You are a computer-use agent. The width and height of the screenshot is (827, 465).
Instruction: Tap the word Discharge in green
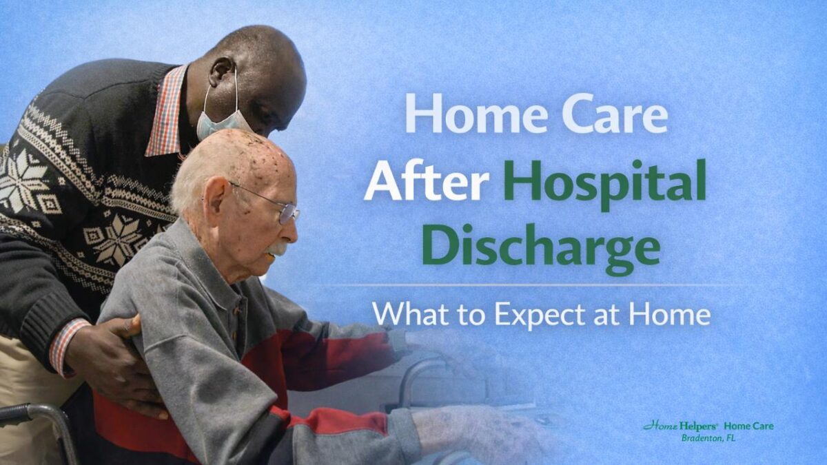[x=541, y=245]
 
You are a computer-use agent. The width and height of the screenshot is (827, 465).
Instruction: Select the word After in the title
[x=427, y=183]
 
